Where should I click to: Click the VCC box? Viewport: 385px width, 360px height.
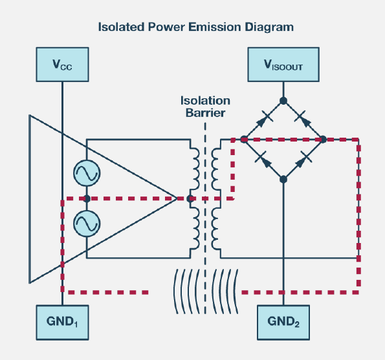[x=62, y=65]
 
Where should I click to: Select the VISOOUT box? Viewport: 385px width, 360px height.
[x=283, y=65]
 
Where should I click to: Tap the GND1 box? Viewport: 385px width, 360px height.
[x=62, y=323]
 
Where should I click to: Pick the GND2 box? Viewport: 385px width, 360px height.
[x=283, y=323]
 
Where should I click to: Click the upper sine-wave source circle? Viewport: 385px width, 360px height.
[x=87, y=173]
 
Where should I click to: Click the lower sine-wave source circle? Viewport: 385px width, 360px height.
[x=87, y=224]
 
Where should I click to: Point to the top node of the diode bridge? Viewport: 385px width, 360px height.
[x=283, y=101]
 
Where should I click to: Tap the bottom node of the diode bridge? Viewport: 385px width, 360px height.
[x=283, y=179]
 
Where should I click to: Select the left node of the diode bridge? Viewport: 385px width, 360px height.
[x=244, y=140]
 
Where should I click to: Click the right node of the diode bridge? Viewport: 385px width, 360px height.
[x=323, y=140]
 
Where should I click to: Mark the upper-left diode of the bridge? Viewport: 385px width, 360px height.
[x=263, y=120]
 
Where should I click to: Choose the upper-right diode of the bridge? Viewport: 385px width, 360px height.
[x=303, y=120]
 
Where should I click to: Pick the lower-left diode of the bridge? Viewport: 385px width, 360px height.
[x=264, y=160]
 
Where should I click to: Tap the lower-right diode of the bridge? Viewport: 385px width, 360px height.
[x=303, y=160]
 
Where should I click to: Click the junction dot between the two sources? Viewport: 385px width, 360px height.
[x=87, y=198]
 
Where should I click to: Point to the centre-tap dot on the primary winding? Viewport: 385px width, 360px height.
[x=190, y=198]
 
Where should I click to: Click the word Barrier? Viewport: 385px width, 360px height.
[x=205, y=113]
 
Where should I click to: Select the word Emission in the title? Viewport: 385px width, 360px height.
[x=215, y=26]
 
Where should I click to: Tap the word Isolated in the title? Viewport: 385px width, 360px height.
[x=121, y=26]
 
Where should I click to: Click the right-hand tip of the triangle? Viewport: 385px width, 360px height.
[x=177, y=198]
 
